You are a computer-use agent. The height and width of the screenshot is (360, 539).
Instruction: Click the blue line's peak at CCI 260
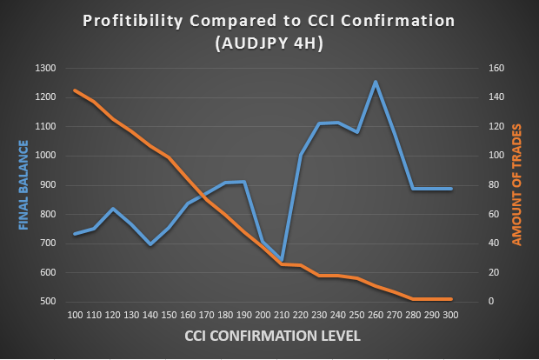pyautogui.click(x=376, y=82)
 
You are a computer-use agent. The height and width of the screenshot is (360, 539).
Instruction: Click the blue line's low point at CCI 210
pyautogui.click(x=282, y=261)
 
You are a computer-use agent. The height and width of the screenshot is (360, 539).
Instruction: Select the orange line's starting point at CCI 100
pyautogui.click(x=76, y=90)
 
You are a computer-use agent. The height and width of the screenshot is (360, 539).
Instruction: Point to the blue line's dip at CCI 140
pyautogui.click(x=150, y=244)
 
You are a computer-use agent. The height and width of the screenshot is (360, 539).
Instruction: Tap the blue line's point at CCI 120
pyautogui.click(x=113, y=209)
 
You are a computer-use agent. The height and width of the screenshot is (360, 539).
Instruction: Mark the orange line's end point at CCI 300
pyautogui.click(x=451, y=299)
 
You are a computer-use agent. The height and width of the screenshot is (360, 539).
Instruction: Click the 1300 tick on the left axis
pyautogui.click(x=45, y=69)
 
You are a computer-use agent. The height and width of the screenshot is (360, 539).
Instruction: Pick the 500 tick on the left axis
pyautogui.click(x=48, y=302)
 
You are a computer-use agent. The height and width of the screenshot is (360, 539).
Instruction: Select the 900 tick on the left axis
pyautogui.click(x=48, y=185)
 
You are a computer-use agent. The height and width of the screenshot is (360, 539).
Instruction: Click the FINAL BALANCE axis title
pyautogui.click(x=23, y=185)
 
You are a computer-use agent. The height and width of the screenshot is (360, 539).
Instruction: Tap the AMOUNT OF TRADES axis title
pyautogui.click(x=516, y=185)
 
